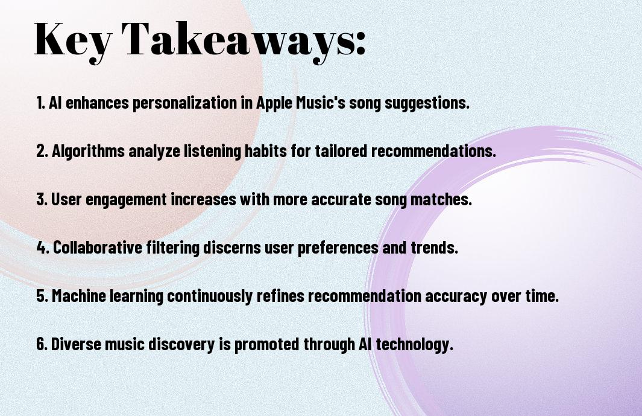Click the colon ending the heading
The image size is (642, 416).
360,43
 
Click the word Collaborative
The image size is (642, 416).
98,248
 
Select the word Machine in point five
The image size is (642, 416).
79,296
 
